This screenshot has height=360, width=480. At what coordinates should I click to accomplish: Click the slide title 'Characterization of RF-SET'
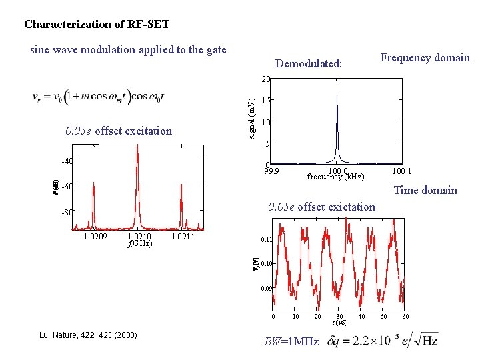click(97, 25)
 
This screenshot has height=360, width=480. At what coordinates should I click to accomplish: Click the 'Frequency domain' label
click(425, 57)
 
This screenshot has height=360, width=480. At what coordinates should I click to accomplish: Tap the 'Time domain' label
click(425, 191)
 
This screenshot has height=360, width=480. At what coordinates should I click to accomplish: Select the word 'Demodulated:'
click(308, 64)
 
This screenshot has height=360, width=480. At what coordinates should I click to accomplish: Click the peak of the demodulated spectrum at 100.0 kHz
click(337, 95)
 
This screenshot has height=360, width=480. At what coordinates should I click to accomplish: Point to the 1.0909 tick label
click(95, 236)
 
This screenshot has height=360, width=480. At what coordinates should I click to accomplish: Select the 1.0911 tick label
click(183, 236)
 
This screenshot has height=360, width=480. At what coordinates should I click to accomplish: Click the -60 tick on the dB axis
click(67, 186)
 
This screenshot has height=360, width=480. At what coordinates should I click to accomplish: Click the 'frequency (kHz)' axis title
click(335, 177)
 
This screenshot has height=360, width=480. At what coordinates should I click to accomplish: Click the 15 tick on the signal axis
click(265, 101)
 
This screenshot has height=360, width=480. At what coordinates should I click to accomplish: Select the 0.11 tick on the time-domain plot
click(266, 239)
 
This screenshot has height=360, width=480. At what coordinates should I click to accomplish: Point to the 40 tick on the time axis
click(361, 316)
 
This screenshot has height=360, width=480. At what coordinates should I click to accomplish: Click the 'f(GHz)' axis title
click(140, 243)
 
